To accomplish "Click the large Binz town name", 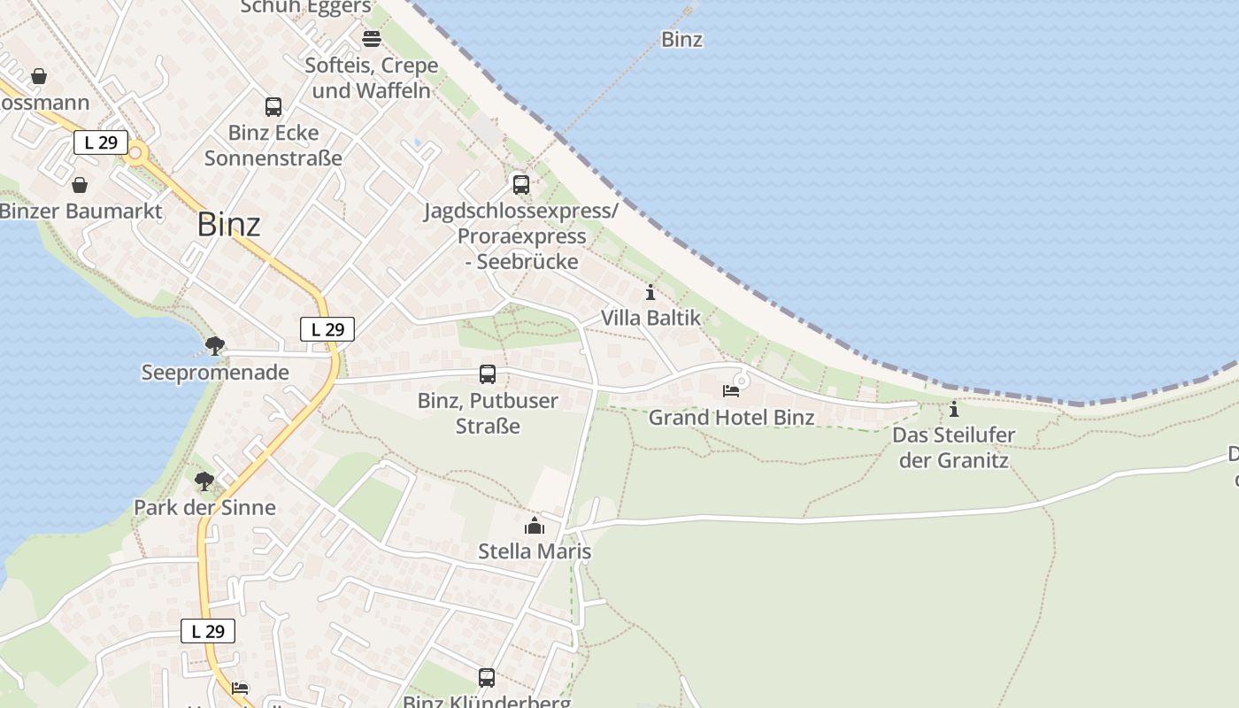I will (228, 224).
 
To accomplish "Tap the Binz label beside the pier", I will (681, 39).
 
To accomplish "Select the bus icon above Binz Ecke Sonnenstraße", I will (273, 107).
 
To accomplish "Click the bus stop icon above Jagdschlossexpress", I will (521, 184).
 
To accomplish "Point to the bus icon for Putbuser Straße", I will (488, 374).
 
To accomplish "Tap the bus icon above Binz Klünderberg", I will (487, 678).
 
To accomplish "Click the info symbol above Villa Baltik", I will (650, 292).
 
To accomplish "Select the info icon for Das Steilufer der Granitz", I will (953, 409).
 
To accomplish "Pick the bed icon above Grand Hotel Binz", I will (731, 390).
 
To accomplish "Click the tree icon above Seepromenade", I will (214, 345).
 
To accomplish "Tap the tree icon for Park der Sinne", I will (204, 481).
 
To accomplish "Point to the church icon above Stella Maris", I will (534, 527).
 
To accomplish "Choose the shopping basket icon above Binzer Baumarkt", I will (80, 185).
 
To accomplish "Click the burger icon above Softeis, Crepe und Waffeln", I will (372, 39).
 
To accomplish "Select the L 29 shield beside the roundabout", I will (101, 142).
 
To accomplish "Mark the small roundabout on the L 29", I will (135, 154).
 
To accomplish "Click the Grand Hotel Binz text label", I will (731, 417).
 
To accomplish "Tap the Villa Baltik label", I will (650, 318).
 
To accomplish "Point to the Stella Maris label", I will (534, 551).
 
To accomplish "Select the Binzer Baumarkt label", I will (81, 211).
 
